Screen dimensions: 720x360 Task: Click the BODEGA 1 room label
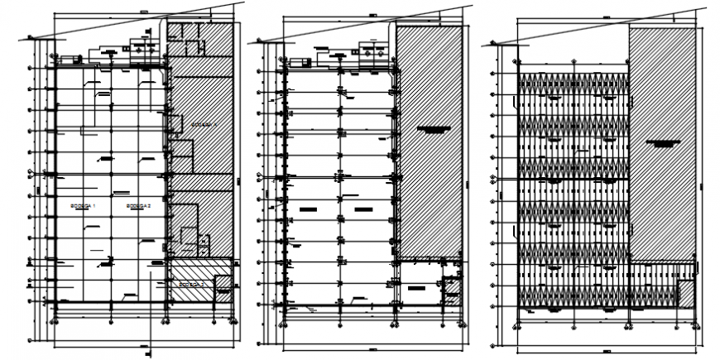tap(83, 205)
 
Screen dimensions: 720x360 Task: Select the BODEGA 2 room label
tap(138, 205)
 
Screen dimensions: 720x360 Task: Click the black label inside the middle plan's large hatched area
tap(434, 129)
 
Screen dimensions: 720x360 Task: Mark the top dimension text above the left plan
tap(144, 11)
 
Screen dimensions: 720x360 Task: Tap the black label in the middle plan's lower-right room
tap(416, 289)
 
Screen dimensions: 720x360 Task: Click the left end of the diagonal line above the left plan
tap(28, 37)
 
